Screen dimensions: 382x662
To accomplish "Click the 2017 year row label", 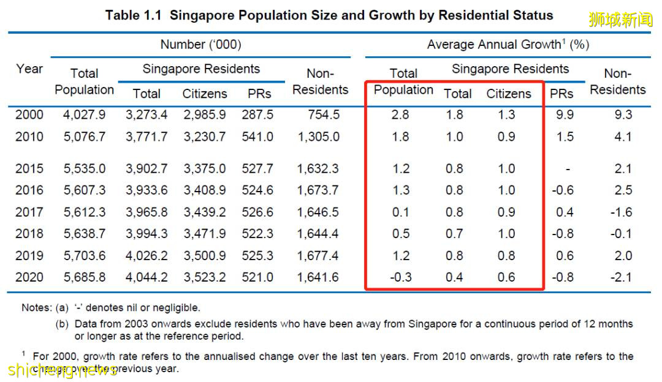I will pyautogui.click(x=29, y=212).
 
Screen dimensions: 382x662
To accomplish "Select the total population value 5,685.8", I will pyautogui.click(x=84, y=277).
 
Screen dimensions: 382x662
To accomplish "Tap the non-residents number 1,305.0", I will pyautogui.click(x=319, y=137).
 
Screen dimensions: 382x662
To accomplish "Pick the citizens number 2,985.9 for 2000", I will pyautogui.click(x=205, y=114).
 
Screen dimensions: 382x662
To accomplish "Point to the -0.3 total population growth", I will pyautogui.click(x=400, y=277).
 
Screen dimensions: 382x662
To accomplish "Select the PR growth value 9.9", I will pyautogui.click(x=564, y=114).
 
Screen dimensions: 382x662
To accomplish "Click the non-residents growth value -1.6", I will pyautogui.click(x=623, y=212).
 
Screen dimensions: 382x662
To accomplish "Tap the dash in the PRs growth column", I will pyautogui.click(x=569, y=168).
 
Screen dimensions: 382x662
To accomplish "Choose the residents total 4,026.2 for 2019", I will pyautogui.click(x=146, y=255).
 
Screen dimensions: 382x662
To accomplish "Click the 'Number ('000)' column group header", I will pyautogui.click(x=200, y=45).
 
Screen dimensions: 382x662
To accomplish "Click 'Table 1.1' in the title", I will pyautogui.click(x=133, y=15).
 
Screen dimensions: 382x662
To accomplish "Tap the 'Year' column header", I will pyautogui.click(x=29, y=69).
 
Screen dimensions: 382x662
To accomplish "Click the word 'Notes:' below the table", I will pyautogui.click(x=36, y=308).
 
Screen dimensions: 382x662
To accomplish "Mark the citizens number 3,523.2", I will pyautogui.click(x=205, y=277).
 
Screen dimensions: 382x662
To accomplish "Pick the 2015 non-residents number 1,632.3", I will pyautogui.click(x=319, y=168).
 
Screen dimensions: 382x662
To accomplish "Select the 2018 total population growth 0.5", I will pyautogui.click(x=400, y=234).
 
